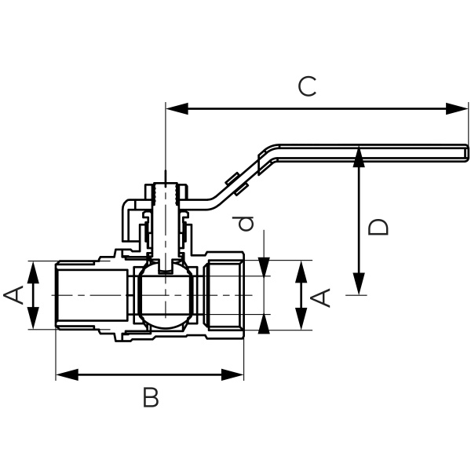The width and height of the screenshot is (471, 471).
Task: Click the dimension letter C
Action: point(308,86)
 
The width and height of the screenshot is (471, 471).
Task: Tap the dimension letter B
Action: point(151,398)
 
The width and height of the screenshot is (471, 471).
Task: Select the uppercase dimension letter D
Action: point(379,227)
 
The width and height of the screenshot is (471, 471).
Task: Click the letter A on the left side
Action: point(13,295)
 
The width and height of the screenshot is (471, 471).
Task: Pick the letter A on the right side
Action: point(322,297)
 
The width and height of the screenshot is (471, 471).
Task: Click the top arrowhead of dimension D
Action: point(359,156)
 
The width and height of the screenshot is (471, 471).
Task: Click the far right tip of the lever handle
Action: point(466,148)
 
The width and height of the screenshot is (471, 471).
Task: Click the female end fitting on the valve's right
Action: point(225,295)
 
